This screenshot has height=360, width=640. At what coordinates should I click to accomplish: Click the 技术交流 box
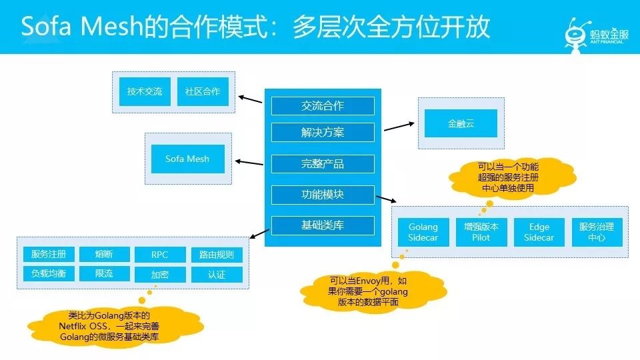click(145, 91)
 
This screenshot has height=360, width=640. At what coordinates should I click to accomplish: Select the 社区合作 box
click(203, 91)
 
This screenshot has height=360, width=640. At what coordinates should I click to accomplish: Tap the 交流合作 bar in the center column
click(323, 106)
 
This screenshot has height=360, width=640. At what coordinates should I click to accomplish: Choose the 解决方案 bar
click(323, 132)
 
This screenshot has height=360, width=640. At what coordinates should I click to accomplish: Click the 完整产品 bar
click(323, 164)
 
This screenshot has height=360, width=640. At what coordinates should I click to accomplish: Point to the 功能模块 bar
click(323, 195)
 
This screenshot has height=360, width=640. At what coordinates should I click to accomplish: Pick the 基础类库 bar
click(323, 225)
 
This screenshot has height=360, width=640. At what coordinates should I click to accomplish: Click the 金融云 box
click(461, 123)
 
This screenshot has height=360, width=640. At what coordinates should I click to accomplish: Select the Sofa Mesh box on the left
click(188, 159)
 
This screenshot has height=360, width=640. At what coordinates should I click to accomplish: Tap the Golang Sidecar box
click(423, 232)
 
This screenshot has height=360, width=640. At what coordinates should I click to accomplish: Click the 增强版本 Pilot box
click(481, 232)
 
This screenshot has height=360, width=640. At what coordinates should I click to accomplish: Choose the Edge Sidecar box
click(539, 232)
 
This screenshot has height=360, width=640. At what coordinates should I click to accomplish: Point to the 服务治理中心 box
click(597, 232)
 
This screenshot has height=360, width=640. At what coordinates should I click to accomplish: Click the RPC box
click(160, 254)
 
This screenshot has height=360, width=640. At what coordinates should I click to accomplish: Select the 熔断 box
click(105, 254)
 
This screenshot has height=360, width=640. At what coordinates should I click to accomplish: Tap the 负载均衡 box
click(49, 273)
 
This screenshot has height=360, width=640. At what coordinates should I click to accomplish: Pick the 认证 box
click(217, 274)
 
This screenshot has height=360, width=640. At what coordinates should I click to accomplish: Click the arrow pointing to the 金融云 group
click(399, 127)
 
